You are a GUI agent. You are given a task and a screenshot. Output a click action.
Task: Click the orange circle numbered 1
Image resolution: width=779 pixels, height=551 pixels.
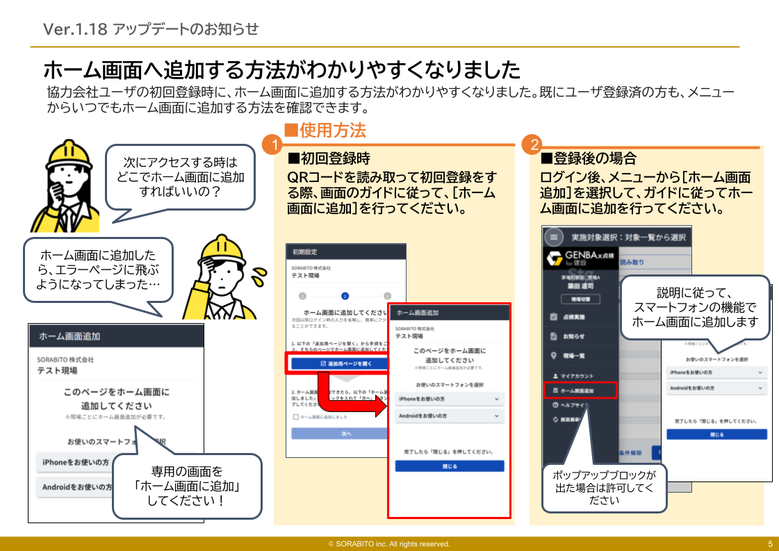(x=273, y=145)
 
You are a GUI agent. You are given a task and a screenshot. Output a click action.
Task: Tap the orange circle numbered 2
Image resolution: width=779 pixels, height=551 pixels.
(x=534, y=145)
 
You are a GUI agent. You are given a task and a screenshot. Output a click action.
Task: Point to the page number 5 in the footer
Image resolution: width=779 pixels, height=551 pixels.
(x=770, y=544)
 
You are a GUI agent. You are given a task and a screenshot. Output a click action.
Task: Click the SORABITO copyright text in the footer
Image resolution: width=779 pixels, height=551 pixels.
(x=389, y=544)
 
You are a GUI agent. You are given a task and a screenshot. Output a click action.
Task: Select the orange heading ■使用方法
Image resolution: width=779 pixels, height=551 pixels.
(x=325, y=130)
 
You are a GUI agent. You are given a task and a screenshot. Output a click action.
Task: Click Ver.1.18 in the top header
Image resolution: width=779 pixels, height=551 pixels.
(x=75, y=28)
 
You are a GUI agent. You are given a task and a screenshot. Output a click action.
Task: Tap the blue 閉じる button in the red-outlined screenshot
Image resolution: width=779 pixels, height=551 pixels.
(x=450, y=466)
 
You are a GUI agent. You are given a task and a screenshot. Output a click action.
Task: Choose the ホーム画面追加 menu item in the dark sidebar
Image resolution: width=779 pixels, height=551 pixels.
(x=579, y=390)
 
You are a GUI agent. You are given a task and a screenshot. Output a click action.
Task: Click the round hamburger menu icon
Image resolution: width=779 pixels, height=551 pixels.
(x=554, y=237)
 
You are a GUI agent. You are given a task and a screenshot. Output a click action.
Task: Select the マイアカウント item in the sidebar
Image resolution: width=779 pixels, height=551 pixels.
(x=577, y=375)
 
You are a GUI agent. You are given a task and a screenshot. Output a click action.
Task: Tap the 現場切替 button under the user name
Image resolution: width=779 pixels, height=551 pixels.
(x=576, y=299)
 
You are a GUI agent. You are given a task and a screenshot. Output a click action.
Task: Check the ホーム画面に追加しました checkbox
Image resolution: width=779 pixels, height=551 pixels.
(x=296, y=417)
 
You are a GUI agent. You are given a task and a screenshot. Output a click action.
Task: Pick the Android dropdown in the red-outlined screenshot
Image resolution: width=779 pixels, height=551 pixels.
(x=449, y=416)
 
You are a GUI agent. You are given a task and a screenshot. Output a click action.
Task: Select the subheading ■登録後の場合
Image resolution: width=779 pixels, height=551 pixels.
(x=589, y=159)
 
